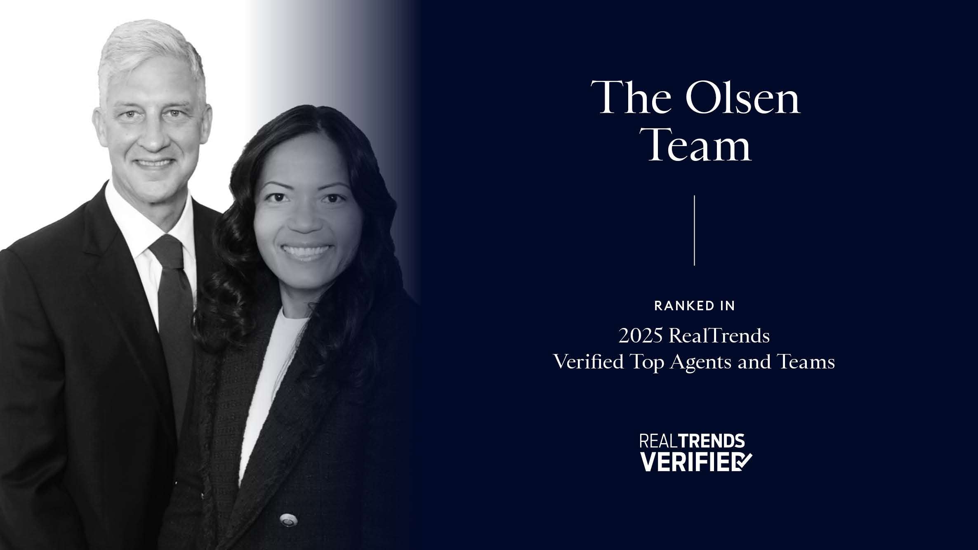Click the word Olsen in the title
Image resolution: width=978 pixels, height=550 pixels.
click(x=742, y=97)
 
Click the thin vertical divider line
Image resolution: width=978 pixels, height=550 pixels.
click(x=695, y=230)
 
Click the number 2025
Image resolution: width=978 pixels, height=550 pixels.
click(x=641, y=336)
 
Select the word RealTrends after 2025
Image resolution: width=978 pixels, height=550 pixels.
click(x=719, y=336)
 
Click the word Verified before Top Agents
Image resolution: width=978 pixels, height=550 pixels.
click(x=588, y=362)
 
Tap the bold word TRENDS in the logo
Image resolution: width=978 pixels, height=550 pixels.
click(x=712, y=441)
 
